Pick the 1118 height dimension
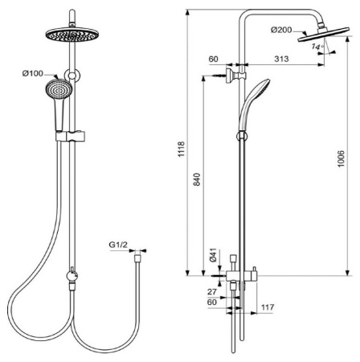[x=187, y=145]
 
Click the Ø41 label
[x=213, y=256]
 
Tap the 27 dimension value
[x=211, y=292]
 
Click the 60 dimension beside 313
[x=214, y=60]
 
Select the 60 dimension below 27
[x=211, y=303]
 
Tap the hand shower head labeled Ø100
[x=58, y=91]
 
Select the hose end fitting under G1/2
[x=137, y=259]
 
